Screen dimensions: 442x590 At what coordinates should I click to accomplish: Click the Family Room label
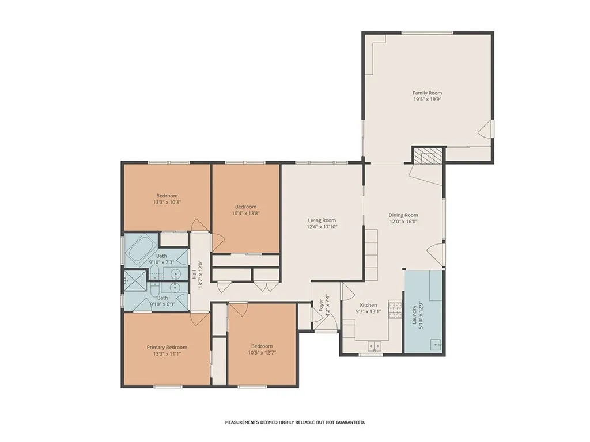tap(427, 93)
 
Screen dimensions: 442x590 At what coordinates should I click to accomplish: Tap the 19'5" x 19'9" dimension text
tap(427, 99)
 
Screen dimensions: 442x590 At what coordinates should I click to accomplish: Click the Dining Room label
tap(403, 215)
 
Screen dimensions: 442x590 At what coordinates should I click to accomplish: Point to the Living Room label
tap(322, 220)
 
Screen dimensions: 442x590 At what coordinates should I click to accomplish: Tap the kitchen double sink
tap(375, 346)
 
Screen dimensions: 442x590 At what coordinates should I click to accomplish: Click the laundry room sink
tap(436, 345)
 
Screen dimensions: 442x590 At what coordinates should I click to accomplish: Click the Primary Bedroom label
tap(167, 347)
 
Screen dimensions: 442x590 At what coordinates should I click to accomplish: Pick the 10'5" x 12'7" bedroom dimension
tap(262, 353)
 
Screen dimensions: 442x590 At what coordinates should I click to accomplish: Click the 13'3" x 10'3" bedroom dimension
tap(167, 202)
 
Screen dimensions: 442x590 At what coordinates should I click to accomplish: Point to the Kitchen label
tap(368, 305)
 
